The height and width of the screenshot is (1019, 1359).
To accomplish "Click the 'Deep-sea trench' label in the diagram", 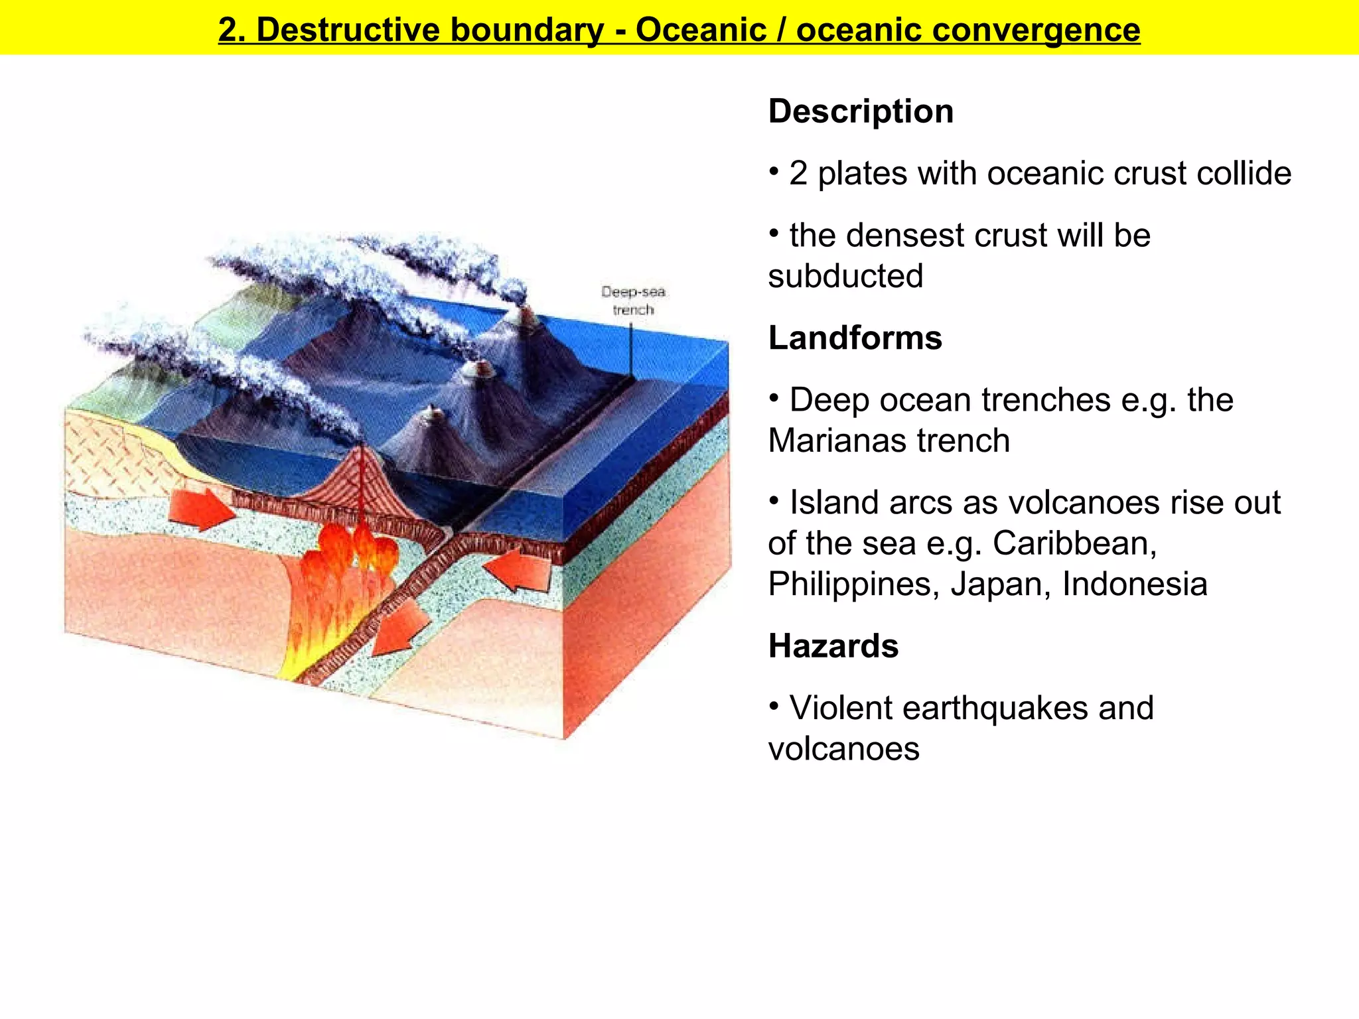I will [x=633, y=301].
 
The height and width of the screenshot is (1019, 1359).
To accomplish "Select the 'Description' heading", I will [x=861, y=111].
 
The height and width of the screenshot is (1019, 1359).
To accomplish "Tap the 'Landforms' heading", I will [x=855, y=338].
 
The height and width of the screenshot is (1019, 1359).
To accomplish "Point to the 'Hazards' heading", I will [x=833, y=645].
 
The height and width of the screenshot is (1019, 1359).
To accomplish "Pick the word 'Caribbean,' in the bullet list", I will [x=1075, y=543].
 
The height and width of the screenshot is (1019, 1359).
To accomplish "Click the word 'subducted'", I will [x=845, y=276].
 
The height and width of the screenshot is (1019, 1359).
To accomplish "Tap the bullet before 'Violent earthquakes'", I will [x=774, y=706].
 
